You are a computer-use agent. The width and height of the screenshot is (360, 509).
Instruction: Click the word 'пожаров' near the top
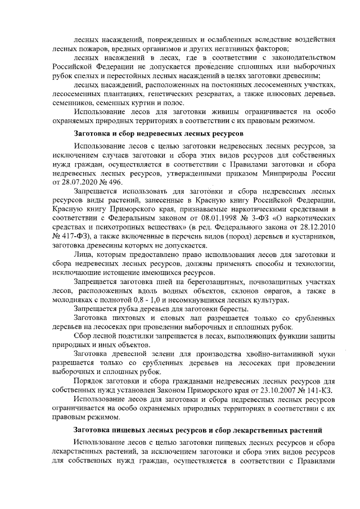tap(90, 49)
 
